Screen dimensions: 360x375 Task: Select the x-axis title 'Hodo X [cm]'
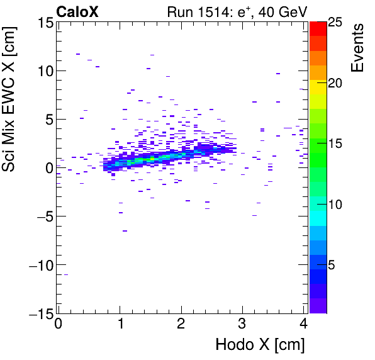click(x=260, y=345)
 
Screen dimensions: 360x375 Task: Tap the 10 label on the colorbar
click(x=334, y=205)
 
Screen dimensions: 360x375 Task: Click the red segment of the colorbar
click(x=318, y=28)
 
